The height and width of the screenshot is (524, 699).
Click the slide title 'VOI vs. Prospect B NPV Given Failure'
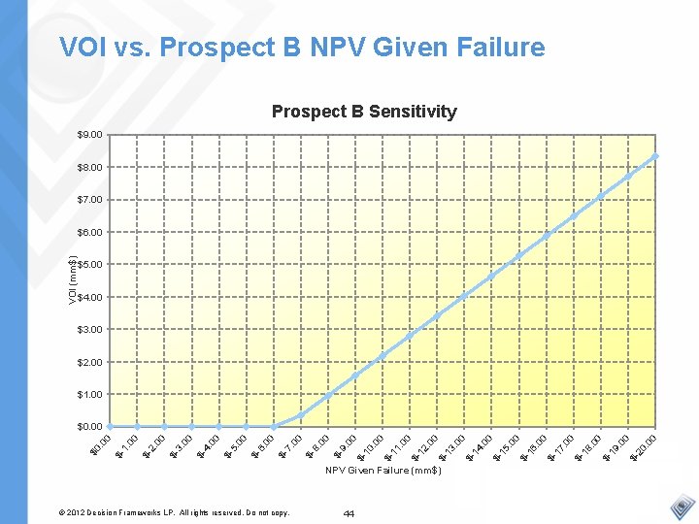click(x=302, y=47)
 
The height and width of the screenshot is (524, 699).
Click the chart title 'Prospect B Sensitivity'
click(x=364, y=112)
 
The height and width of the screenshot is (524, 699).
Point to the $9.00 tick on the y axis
click(x=90, y=135)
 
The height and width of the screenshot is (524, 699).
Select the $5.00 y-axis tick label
click(x=90, y=264)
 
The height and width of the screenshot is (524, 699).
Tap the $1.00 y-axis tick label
click(x=90, y=394)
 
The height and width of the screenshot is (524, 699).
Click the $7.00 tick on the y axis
click(x=90, y=200)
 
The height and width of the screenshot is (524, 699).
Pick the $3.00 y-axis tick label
click(x=90, y=329)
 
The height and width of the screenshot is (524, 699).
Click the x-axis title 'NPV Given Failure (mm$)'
click(x=383, y=471)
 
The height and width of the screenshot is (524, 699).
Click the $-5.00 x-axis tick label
click(x=235, y=445)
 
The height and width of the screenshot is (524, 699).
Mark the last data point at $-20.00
click(x=656, y=155)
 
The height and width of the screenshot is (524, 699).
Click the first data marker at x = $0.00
click(x=111, y=426)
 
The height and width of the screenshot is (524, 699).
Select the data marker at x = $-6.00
click(x=274, y=426)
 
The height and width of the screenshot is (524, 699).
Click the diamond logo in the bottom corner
click(x=683, y=508)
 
